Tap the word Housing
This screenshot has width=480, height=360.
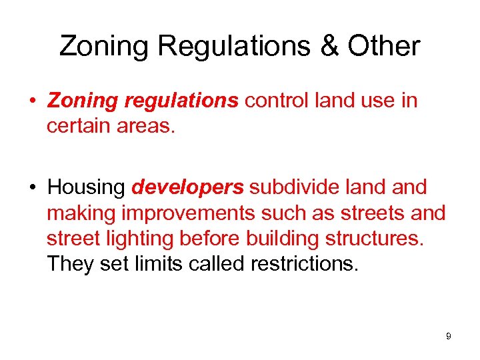pos(86,187)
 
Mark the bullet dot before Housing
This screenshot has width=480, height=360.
pos(33,188)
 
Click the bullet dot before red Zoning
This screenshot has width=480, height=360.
pos(33,101)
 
